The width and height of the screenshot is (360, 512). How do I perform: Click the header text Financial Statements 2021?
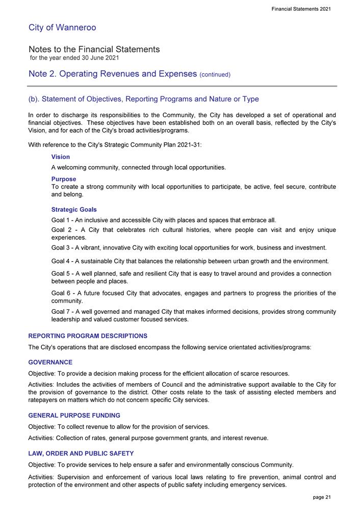point(302,10)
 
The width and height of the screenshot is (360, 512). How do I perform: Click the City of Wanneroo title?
point(62,28)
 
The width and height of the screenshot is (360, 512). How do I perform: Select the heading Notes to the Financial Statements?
point(94,49)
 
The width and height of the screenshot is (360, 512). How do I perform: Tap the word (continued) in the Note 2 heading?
point(215,75)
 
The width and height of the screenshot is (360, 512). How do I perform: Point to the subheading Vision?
point(61,157)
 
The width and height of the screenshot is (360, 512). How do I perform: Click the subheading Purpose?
point(64,179)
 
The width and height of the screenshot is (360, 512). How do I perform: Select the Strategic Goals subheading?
point(74,209)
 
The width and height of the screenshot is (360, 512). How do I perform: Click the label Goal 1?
point(62,220)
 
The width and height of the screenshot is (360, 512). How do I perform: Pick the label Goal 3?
point(62,248)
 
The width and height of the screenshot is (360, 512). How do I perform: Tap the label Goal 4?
point(62,261)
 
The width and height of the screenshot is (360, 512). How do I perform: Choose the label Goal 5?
point(62,274)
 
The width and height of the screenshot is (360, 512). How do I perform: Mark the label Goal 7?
point(62,311)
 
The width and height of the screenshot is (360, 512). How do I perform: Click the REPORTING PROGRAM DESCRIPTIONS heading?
point(88,336)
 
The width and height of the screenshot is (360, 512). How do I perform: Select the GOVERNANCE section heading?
point(50,362)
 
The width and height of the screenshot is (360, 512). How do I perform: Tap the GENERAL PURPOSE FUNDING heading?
point(74,415)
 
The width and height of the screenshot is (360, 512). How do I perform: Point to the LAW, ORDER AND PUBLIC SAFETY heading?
point(81,453)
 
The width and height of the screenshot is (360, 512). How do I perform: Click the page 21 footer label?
point(321,497)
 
